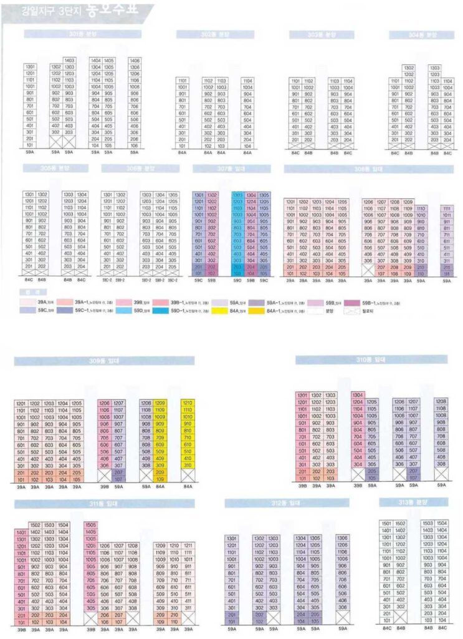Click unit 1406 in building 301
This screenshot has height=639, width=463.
(x=134, y=61)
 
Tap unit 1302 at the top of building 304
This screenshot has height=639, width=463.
(x=409, y=67)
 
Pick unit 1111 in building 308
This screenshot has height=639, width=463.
(x=447, y=208)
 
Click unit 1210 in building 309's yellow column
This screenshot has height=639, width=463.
(x=188, y=403)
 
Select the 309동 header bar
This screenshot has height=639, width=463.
(x=104, y=361)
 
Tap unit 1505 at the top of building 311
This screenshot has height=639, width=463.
(x=91, y=525)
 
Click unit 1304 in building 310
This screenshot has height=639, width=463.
(x=358, y=395)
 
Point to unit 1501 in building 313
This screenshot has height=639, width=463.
(x=387, y=523)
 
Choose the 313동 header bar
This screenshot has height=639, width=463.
(x=412, y=502)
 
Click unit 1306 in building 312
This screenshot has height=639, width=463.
(x=342, y=538)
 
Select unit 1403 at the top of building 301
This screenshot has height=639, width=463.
(x=69, y=61)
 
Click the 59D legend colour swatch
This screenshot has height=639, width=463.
(x=125, y=310)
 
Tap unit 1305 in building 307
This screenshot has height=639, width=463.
(x=264, y=195)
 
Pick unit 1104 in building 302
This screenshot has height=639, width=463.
(x=247, y=80)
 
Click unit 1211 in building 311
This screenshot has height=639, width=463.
(x=188, y=545)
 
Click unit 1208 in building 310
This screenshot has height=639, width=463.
(x=441, y=402)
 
